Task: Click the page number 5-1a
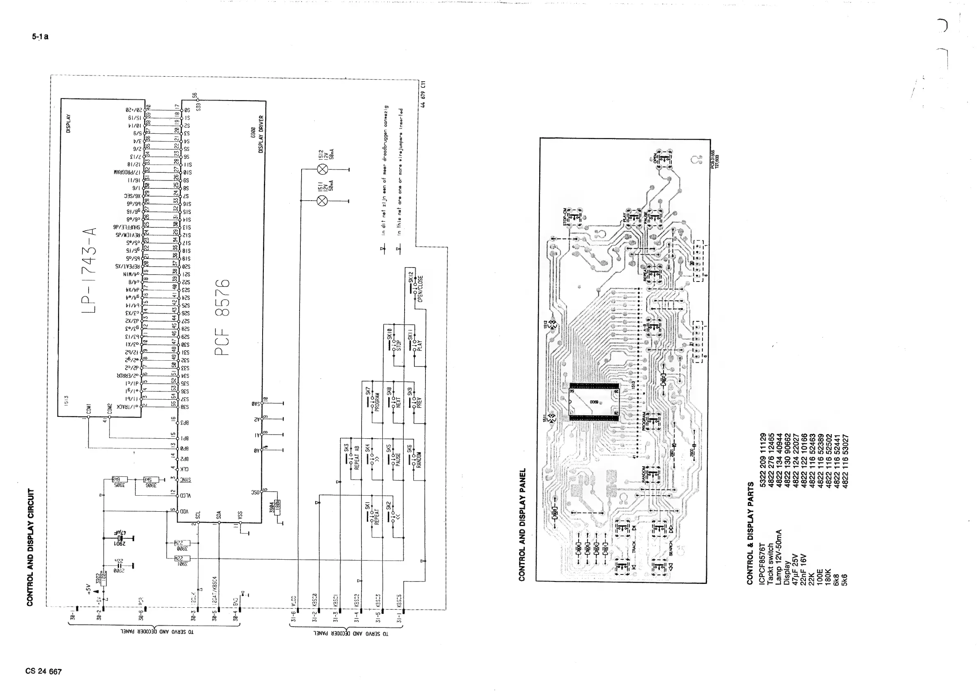pos(40,37)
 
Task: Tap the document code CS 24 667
pos(43,671)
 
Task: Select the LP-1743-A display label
pos(89,270)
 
